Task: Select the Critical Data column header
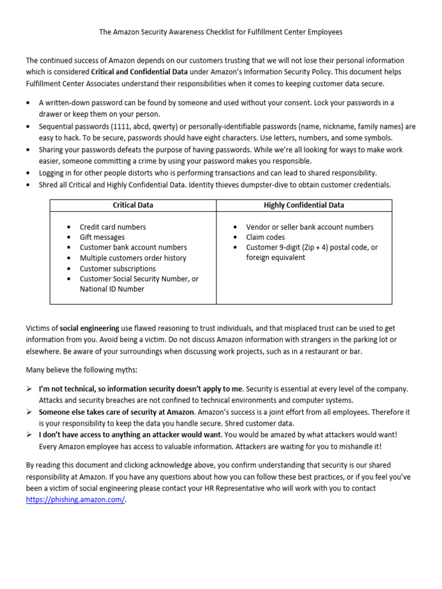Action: [133, 205]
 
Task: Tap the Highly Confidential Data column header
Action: [304, 205]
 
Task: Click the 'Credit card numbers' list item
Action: [113, 227]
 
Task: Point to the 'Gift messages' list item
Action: [102, 238]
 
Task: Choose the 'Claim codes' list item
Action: [265, 238]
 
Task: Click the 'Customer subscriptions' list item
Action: [117, 269]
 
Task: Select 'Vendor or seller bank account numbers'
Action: [310, 227]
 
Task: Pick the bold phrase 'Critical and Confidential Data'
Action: [139, 72]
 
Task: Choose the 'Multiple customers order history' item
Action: [133, 258]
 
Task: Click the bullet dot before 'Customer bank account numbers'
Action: [69, 248]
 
